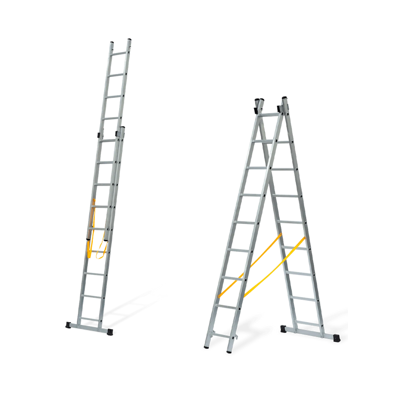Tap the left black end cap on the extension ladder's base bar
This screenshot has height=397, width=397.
(x=69, y=326)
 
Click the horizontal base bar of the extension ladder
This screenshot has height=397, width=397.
(x=89, y=327)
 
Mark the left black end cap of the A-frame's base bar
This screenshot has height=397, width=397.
(x=285, y=329)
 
